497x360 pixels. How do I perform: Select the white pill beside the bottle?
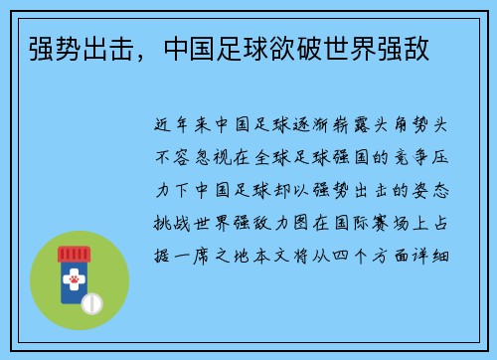(x=91, y=302)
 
